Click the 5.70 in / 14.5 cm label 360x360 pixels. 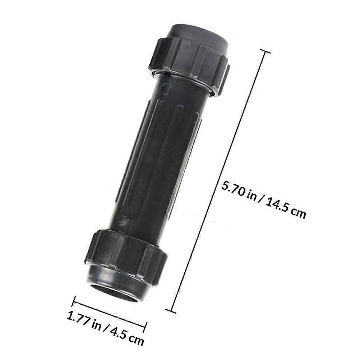[264, 199]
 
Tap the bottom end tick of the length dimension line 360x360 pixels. [171, 311]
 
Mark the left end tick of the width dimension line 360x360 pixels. [74, 301]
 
